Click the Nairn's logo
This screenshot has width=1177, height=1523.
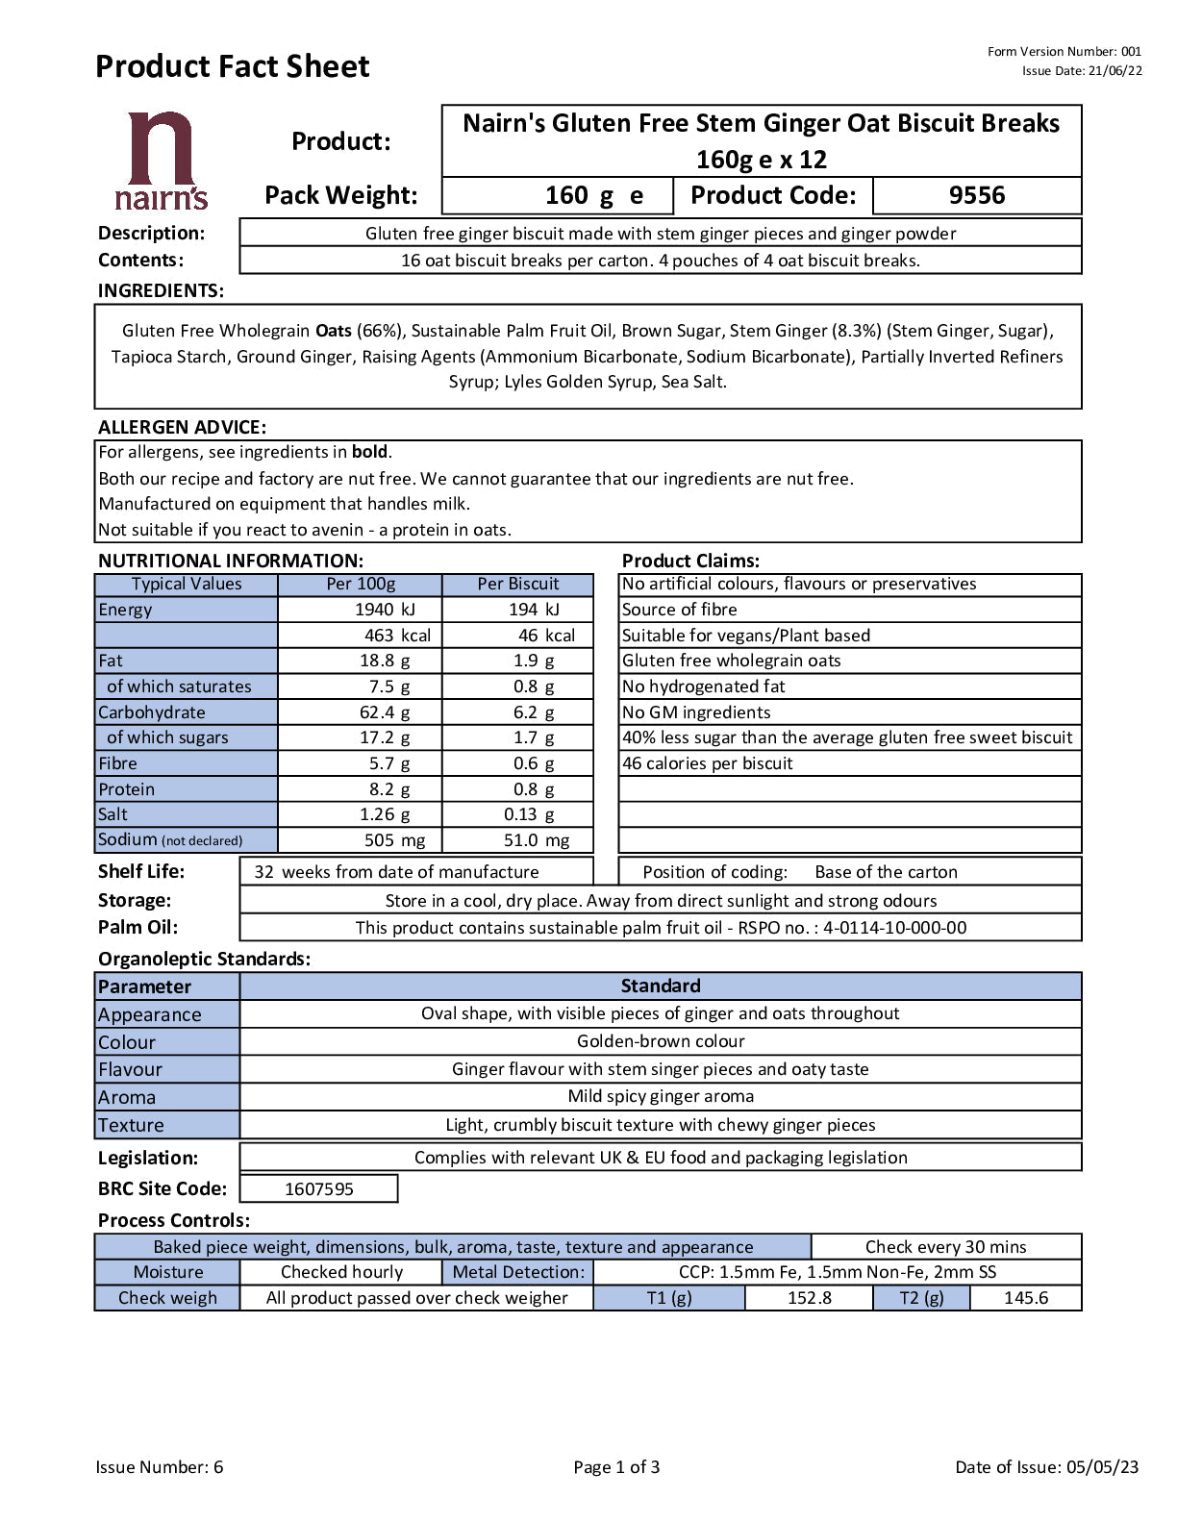[x=161, y=161]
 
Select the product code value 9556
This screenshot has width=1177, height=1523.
[x=976, y=195]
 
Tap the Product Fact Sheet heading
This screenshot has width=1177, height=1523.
[x=232, y=66]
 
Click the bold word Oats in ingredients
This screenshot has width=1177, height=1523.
[x=334, y=331]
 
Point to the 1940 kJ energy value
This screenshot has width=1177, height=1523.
[x=384, y=610]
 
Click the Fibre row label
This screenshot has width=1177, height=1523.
[x=118, y=763]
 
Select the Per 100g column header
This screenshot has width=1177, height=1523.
[x=361, y=584]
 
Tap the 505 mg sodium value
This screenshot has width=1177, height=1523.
[x=394, y=840]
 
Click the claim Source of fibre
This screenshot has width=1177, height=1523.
[x=679, y=610]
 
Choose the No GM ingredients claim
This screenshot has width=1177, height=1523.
[x=696, y=712]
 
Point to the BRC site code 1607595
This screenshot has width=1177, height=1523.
[x=319, y=1189]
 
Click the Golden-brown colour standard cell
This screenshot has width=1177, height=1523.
[x=661, y=1041]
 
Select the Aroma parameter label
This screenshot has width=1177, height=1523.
[x=127, y=1097]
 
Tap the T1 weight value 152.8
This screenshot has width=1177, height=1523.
[x=810, y=1298]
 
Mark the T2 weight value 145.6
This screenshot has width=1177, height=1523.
[x=1026, y=1298]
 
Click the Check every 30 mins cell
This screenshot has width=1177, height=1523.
[x=945, y=1247]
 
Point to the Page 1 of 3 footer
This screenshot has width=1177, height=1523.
[x=616, y=1467]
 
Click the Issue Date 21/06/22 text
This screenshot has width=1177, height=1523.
[x=1082, y=70]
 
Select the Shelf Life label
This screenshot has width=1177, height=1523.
[x=141, y=872]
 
